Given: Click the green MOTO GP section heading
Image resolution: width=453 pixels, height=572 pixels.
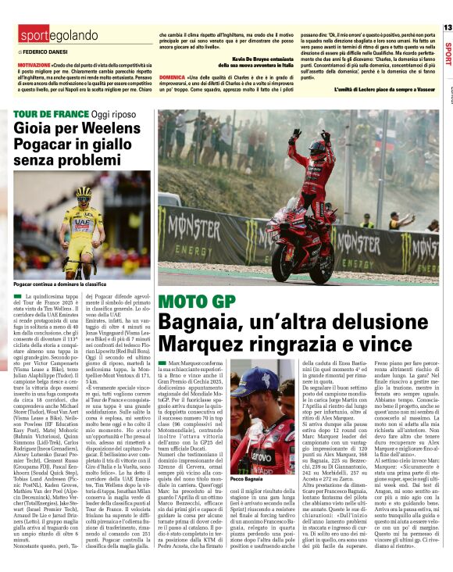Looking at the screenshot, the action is [x=188, y=302].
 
